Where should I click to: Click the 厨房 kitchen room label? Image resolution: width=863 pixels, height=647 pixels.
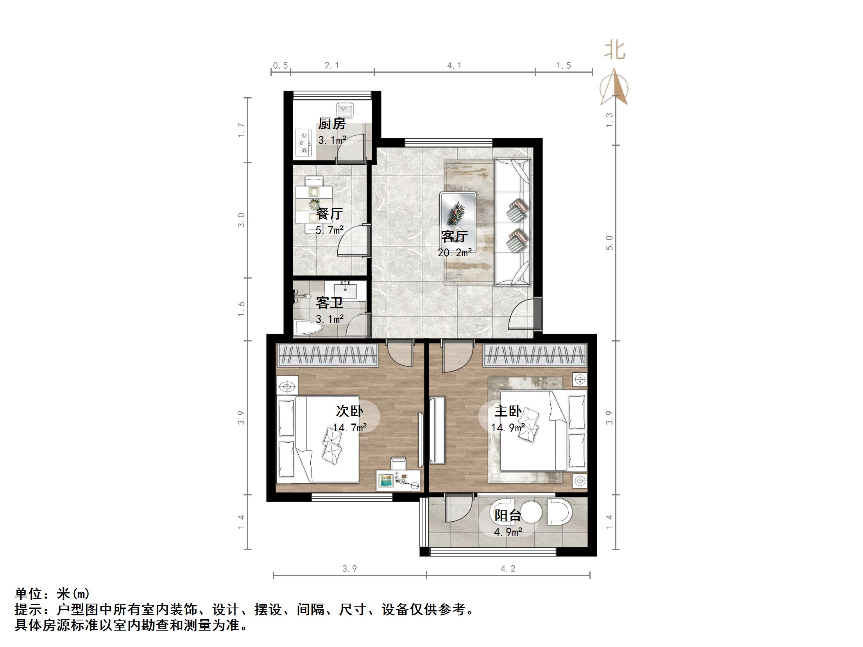(x=331, y=124)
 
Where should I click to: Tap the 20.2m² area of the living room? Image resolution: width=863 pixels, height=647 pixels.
(x=454, y=253)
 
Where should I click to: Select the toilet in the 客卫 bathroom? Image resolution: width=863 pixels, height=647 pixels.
(x=307, y=327)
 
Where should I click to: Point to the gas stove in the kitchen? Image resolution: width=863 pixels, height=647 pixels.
(x=303, y=143)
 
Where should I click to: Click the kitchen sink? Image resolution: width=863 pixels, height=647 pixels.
(x=345, y=111)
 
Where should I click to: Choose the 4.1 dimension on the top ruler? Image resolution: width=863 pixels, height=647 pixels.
(x=454, y=66)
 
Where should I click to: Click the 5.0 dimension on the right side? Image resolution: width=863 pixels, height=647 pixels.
(x=609, y=243)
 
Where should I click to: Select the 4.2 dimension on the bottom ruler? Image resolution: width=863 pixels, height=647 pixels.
(x=508, y=569)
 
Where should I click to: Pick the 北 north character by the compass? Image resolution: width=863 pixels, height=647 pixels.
(x=615, y=51)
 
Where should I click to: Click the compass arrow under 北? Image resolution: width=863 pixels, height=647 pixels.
(x=614, y=88)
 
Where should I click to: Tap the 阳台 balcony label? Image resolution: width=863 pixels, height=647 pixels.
(x=507, y=515)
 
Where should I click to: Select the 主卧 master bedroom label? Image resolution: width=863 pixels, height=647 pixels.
(x=507, y=411)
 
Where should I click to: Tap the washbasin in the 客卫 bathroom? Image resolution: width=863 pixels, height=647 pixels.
(x=346, y=291)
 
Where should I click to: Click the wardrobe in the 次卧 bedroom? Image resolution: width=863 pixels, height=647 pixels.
(x=328, y=355)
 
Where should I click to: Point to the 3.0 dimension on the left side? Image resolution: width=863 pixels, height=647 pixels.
(x=242, y=220)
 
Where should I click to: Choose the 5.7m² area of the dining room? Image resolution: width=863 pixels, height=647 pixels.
(x=329, y=230)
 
